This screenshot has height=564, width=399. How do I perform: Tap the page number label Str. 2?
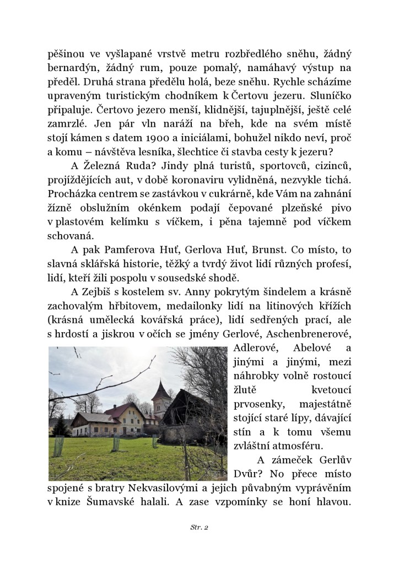pos(199,527)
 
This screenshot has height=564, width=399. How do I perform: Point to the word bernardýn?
pos(71,70)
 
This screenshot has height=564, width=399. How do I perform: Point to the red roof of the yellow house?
pos(124,409)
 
